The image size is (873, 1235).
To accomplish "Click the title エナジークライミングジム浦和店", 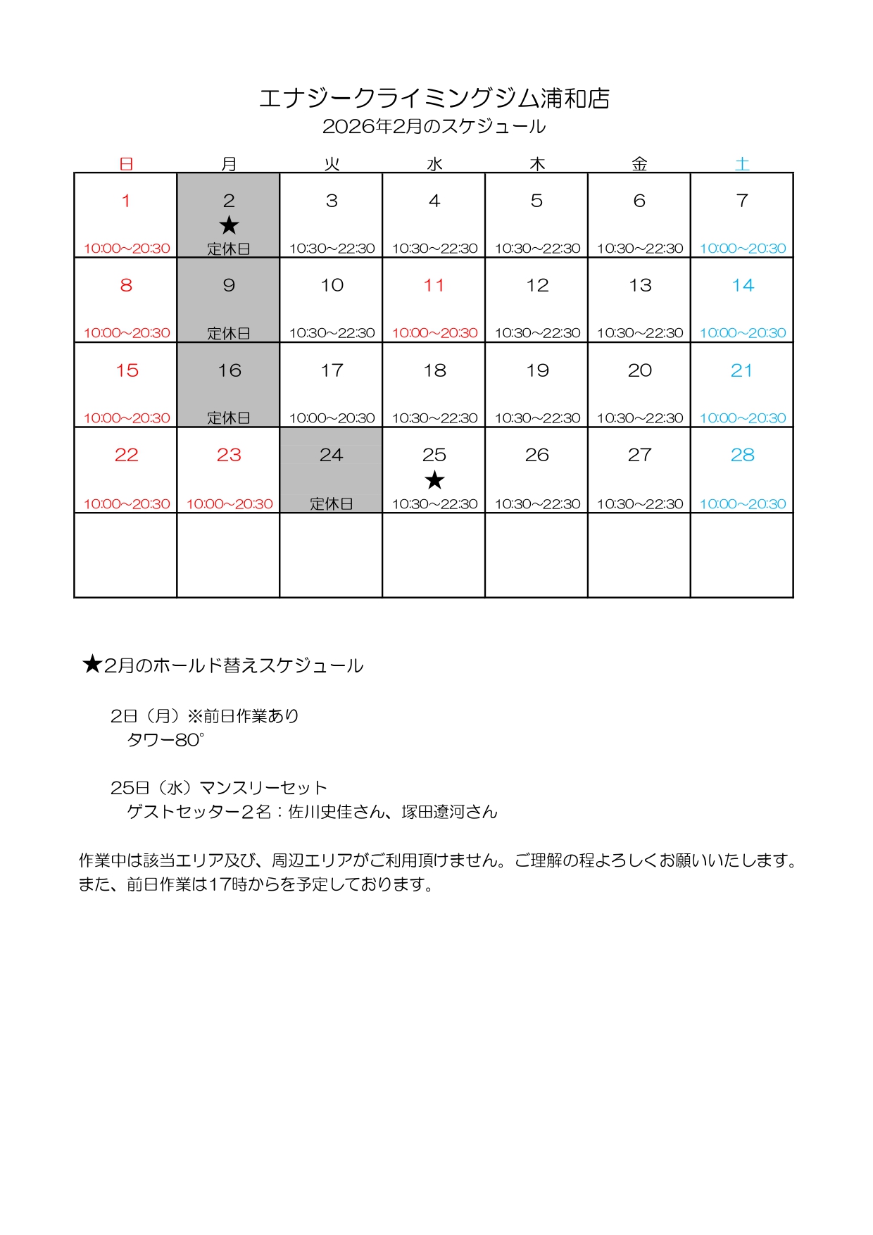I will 434,99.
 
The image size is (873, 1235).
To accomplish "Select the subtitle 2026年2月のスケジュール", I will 434,127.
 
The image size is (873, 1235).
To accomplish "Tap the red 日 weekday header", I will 126,164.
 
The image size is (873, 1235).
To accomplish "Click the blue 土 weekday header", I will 742,164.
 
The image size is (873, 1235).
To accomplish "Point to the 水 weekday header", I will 434,164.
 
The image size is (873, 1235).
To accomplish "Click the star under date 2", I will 229,225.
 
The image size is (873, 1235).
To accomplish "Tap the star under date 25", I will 434,480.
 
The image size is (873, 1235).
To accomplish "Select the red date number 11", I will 434,286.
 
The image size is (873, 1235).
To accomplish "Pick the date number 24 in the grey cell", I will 331,456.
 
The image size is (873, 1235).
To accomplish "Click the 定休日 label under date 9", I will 229,333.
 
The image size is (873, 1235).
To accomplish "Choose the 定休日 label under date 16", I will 229,418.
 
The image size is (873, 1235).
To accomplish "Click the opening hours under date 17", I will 332,418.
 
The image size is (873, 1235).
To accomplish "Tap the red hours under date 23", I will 230,504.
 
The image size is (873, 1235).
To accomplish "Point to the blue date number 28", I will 742,456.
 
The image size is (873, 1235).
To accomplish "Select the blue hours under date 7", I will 742,249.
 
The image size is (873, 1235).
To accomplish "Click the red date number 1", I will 126,201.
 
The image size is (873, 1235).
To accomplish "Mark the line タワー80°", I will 165,740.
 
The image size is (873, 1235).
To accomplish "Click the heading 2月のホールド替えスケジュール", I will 233,666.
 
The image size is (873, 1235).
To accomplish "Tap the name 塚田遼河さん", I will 449,812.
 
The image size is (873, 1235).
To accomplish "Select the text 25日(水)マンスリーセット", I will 219,788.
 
